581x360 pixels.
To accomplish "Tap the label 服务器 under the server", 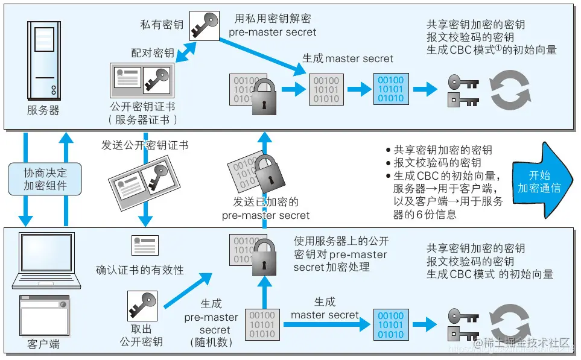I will pos(43,110).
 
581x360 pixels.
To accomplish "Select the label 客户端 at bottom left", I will pos(43,344).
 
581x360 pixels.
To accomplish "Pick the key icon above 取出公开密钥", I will pos(142,306).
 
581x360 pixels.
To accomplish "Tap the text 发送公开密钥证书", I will pos(145,145).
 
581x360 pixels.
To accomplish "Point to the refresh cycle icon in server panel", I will pos(510,89).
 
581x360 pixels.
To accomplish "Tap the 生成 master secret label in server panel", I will pos(348,58).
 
